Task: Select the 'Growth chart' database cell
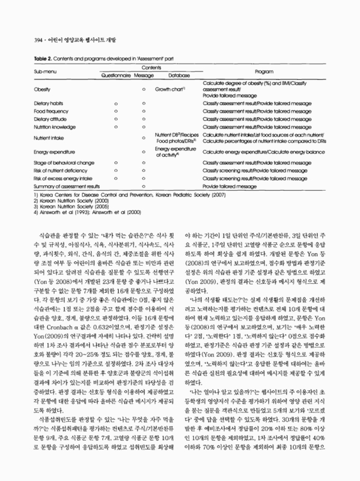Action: pyautogui.click(x=170, y=89)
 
